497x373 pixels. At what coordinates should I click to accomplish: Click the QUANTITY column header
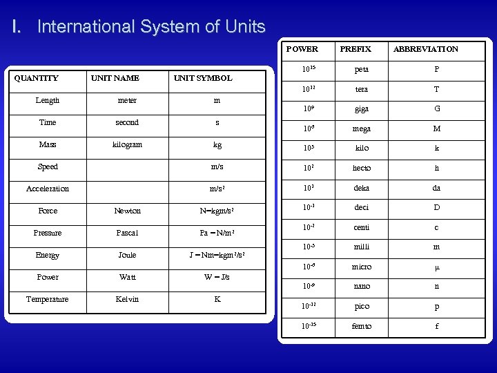click(x=37, y=78)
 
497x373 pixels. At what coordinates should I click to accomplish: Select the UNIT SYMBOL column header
click(x=203, y=78)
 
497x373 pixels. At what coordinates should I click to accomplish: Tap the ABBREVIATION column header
click(x=425, y=49)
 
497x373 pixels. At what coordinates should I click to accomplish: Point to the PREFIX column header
click(x=355, y=49)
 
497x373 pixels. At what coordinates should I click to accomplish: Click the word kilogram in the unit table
click(x=127, y=144)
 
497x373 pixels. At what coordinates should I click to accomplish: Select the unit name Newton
click(x=127, y=211)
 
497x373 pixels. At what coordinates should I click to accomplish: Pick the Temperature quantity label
click(x=48, y=299)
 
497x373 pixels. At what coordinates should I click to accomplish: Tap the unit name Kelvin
click(x=127, y=299)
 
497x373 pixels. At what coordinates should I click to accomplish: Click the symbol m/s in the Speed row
click(x=217, y=166)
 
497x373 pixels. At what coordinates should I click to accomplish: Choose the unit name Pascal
click(x=127, y=233)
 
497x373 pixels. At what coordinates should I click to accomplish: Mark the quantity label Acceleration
click(x=48, y=189)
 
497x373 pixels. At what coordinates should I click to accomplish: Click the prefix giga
click(x=362, y=108)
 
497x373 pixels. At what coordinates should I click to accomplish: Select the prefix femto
click(x=362, y=326)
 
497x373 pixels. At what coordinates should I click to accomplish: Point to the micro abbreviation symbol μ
click(x=436, y=267)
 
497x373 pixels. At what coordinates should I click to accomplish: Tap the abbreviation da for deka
click(x=436, y=187)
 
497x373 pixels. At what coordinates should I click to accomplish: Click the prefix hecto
click(x=362, y=168)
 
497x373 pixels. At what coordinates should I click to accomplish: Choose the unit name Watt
click(x=127, y=277)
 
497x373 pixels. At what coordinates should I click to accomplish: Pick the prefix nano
click(x=362, y=286)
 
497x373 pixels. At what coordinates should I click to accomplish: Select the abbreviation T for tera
click(x=436, y=89)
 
